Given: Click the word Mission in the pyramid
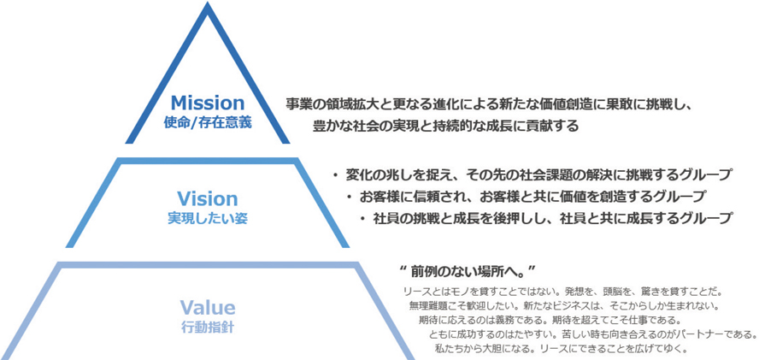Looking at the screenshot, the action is coord(208,103).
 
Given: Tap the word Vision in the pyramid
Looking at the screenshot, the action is coord(207,199).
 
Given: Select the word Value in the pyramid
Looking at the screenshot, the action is coord(207,307).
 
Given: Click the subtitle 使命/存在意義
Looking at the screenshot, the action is coord(208,122).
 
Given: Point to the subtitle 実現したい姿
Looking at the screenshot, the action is coord(207,219).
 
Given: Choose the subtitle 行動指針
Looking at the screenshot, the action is coord(207,327).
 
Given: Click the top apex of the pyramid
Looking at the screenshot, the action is coord(208,3).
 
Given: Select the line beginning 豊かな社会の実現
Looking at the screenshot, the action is coord(445,127).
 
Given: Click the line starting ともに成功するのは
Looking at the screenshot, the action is coord(592,334).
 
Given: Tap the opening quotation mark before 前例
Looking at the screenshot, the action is coord(403,269).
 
